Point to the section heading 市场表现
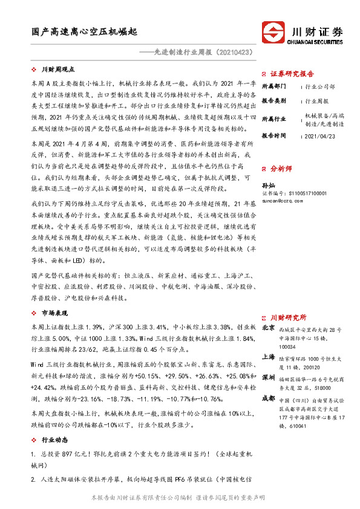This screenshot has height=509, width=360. coord(54,313)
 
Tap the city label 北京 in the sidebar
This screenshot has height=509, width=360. coord(268,327)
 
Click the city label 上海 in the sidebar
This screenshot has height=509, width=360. coord(268,357)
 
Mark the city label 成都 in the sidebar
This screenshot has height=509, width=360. coord(268,398)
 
